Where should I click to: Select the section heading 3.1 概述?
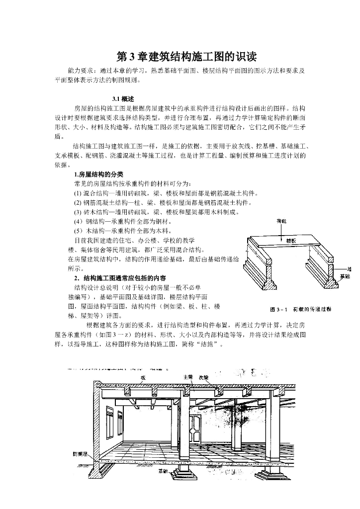coord(124,98)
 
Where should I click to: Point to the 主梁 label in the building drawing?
coord(187,377)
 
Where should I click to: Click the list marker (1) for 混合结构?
coord(78,193)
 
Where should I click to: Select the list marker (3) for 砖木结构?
coord(78,212)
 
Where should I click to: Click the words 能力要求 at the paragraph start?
coord(83,71)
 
